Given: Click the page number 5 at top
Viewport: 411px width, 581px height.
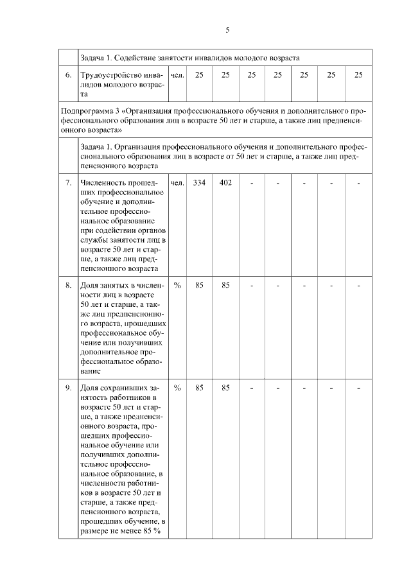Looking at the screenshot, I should (227, 30).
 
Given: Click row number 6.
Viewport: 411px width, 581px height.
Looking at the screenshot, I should (68, 75).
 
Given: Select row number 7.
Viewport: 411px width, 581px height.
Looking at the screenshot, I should (68, 183).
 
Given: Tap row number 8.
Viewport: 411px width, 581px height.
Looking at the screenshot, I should (68, 285).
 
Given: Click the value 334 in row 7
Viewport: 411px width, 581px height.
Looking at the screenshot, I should (199, 183).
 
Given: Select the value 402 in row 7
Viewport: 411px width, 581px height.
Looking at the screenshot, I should (225, 183).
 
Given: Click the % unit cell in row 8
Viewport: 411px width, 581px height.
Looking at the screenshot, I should (177, 285).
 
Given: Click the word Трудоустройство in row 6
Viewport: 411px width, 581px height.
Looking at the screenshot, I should (111, 75).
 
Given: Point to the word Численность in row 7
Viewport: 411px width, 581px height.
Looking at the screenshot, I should (104, 183).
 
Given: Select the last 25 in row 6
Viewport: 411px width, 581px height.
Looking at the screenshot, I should (358, 75).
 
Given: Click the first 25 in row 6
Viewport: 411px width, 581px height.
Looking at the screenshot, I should (199, 75).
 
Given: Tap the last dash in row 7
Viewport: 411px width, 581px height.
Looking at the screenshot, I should (358, 184).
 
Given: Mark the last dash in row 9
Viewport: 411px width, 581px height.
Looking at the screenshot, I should (358, 388).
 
